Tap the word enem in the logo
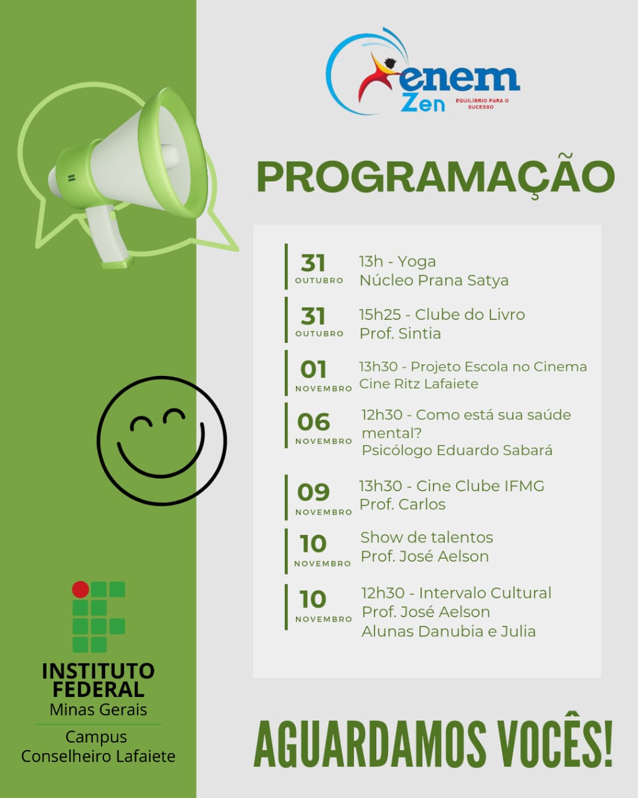[459, 79]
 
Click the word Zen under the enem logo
[422, 103]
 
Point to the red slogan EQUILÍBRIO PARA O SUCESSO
[482, 104]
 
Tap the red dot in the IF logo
[80, 589]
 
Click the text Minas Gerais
[98, 709]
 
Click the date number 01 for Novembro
[313, 370]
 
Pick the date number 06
[313, 422]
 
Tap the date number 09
[313, 493]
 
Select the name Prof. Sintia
[400, 333]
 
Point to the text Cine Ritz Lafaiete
[419, 383]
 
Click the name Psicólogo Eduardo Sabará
[457, 450]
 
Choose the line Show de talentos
[427, 537]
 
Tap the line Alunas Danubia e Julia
[449, 632]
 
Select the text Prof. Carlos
[402, 504]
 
